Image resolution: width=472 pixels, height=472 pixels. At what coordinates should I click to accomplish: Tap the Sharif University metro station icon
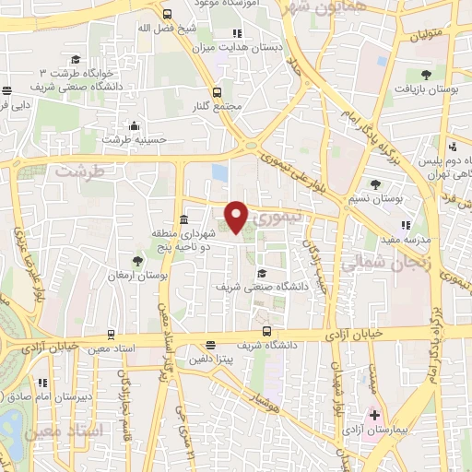tap(265, 330)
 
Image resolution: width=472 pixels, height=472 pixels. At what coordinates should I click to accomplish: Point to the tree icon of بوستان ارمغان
tap(137, 261)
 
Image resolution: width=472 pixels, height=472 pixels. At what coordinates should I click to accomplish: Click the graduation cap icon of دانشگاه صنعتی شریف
tap(263, 273)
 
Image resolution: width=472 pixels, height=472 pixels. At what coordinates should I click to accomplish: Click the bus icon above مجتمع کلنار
tap(217, 92)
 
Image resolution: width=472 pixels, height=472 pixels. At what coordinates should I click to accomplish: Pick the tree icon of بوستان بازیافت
tap(425, 75)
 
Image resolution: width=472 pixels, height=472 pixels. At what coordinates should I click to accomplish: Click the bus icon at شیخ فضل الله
tap(166, 14)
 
